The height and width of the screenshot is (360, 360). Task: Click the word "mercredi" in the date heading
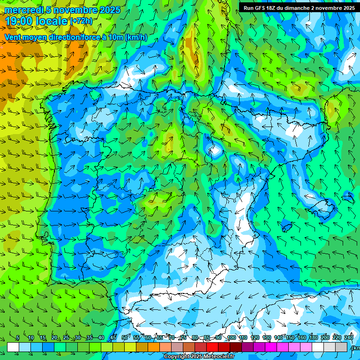pyautogui.click(x=22, y=10)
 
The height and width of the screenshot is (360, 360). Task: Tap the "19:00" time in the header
pyautogui.click(x=18, y=21)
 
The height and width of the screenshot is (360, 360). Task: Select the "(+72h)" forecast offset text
pyautogui.click(x=81, y=21)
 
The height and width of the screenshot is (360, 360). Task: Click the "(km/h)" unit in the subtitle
pyautogui.click(x=136, y=37)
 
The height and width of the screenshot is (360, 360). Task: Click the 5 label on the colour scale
pyautogui.click(x=18, y=338)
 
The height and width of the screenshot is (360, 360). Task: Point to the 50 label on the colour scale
pyautogui.click(x=124, y=338)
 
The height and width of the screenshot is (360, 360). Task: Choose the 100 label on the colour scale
pyautogui.click(x=231, y=338)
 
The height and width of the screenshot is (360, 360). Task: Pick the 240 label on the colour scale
pyautogui.click(x=348, y=338)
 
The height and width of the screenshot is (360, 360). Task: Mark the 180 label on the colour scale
pyautogui.click(x=313, y=338)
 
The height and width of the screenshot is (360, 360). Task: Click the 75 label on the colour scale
pyautogui.click(x=183, y=338)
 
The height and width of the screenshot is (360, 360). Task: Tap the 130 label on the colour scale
pyautogui.click(x=266, y=338)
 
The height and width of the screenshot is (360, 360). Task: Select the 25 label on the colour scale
pyautogui.click(x=66, y=338)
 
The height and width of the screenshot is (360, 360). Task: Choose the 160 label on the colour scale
pyautogui.click(x=301, y=338)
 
